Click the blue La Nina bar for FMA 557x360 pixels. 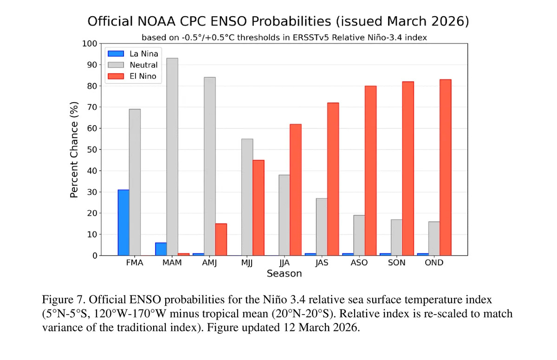coord(123,223)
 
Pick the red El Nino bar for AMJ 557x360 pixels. coord(221,239)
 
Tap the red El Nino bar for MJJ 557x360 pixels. coord(259,208)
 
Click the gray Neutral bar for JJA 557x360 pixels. coord(285,215)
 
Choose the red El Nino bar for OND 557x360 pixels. coord(445,167)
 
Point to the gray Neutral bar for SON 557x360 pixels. coord(396,238)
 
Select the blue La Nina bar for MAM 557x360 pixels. coord(161,249)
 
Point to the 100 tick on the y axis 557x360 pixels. coord(90,44)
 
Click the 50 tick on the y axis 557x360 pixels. coord(91,149)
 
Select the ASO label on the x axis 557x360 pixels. coord(359,263)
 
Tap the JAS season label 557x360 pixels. coord(322,263)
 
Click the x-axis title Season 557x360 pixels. coord(284,274)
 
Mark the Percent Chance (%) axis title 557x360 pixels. coord(74,150)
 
